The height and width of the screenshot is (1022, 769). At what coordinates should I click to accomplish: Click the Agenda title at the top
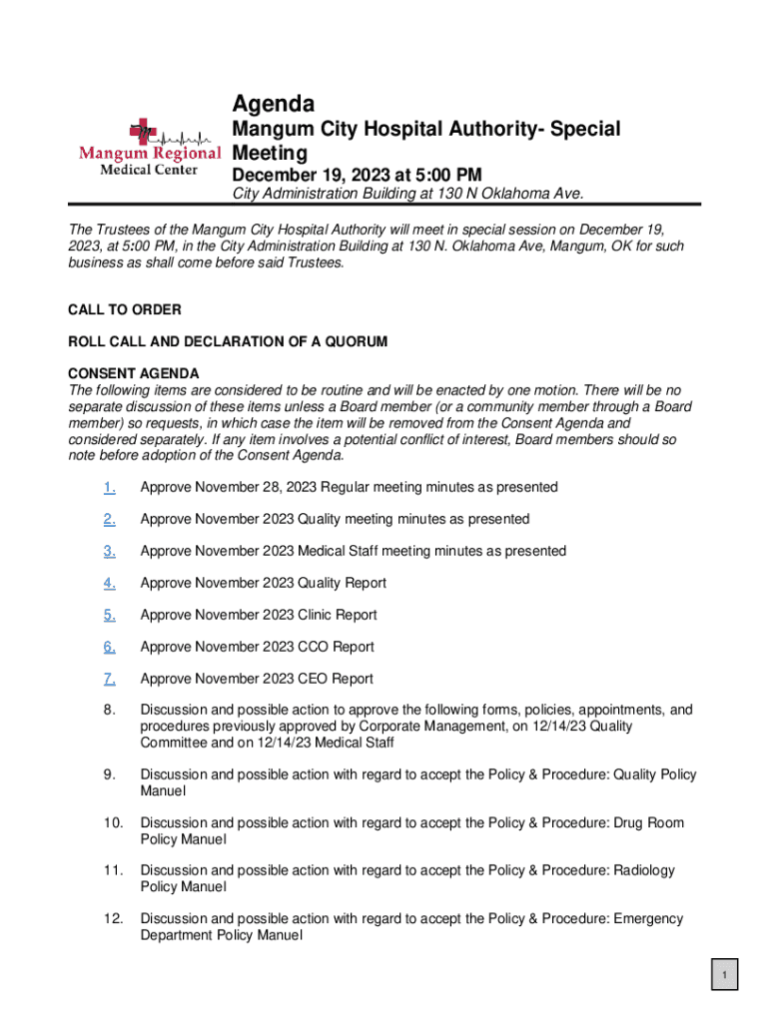point(273,104)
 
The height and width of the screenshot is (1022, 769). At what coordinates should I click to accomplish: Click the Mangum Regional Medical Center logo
point(150,148)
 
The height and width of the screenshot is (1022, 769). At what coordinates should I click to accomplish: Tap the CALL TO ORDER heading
point(124,309)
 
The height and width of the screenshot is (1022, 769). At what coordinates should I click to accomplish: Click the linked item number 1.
point(109,487)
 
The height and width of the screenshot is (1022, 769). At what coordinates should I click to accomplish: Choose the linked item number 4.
point(109,583)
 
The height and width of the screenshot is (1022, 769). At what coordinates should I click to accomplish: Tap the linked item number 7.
point(109,679)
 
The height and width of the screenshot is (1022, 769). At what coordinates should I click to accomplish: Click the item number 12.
point(112,918)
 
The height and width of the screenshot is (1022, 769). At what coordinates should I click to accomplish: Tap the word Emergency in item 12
point(648,918)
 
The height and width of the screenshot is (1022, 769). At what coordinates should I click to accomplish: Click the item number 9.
point(109,774)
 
